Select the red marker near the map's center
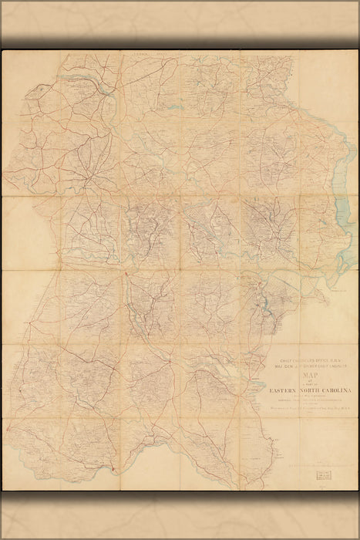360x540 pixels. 124,275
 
